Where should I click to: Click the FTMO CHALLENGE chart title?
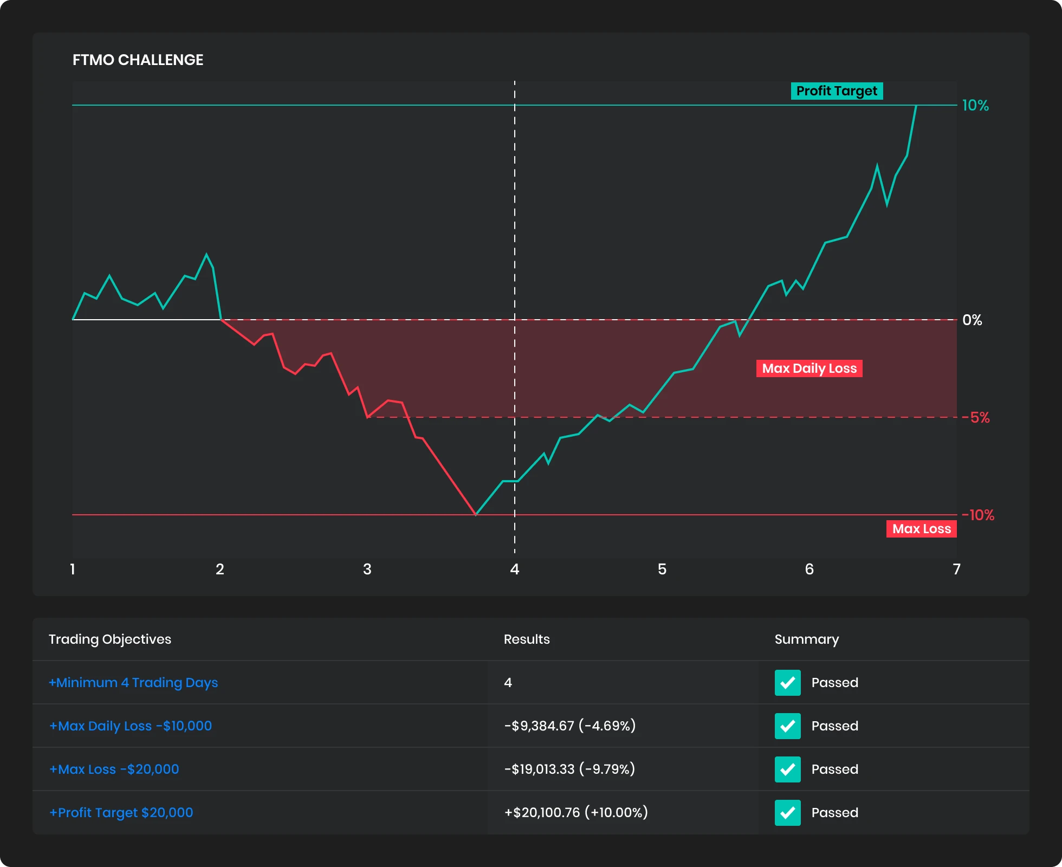click(138, 60)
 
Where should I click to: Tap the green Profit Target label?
click(837, 91)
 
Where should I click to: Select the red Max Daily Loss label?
click(809, 368)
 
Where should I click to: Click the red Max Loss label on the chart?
click(921, 529)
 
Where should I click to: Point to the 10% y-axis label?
click(975, 105)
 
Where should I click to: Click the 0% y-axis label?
click(972, 320)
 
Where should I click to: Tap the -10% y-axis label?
click(979, 515)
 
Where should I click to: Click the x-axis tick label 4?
click(515, 569)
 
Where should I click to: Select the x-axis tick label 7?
click(956, 569)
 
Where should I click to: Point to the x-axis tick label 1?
click(73, 569)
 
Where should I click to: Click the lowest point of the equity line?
click(476, 514)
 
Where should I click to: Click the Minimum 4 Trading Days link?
click(133, 682)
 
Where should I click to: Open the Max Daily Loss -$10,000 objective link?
click(131, 726)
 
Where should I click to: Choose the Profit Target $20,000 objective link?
click(121, 812)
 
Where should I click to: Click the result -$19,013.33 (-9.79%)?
click(569, 769)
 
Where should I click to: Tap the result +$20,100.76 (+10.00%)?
click(576, 812)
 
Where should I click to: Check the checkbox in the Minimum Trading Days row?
click(787, 682)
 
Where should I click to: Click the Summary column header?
click(806, 639)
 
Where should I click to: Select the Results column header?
click(527, 639)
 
